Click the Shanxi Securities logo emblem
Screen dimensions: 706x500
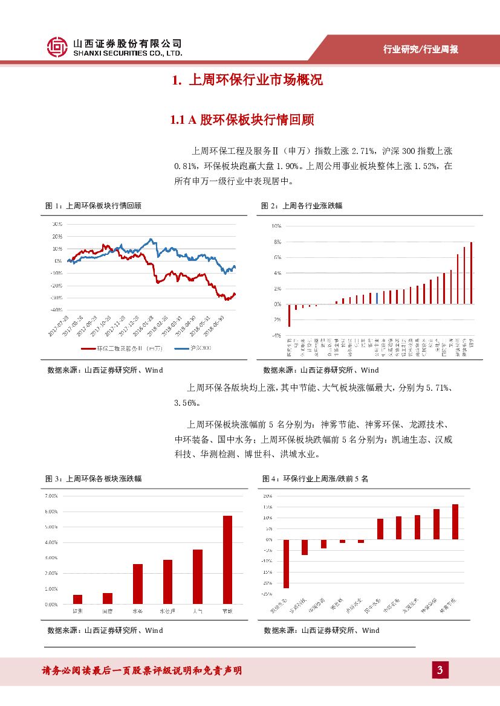click(x=57, y=47)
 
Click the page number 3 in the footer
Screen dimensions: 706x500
click(x=440, y=670)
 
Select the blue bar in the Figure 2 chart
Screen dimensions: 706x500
click(x=377, y=298)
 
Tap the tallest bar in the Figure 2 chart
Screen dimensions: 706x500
click(x=471, y=273)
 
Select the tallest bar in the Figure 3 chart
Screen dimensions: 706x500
click(x=227, y=559)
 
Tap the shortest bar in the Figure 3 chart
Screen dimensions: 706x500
click(x=77, y=599)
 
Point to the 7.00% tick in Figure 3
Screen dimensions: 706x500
click(x=51, y=496)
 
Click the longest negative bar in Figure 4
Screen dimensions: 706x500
click(x=286, y=563)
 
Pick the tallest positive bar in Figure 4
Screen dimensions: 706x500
click(x=455, y=522)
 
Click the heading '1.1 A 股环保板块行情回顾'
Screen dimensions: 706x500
click(x=242, y=120)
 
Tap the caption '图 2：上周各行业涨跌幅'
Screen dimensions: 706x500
click(x=301, y=206)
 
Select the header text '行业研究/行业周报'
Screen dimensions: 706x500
click(x=421, y=50)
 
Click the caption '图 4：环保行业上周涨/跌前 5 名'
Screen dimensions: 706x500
click(x=315, y=478)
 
